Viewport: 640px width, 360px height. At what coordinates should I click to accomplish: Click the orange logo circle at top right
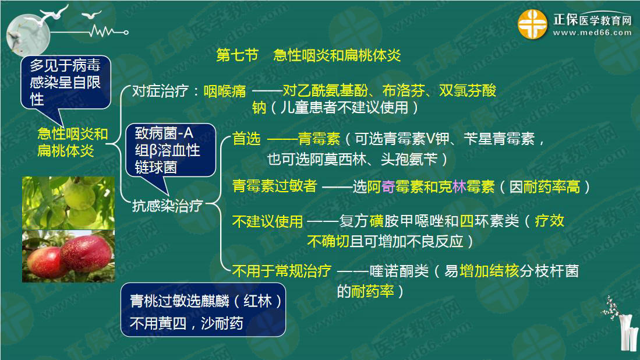(532, 24)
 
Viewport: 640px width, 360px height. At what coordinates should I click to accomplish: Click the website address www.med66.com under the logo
(592, 33)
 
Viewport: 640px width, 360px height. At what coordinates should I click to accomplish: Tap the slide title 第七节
(237, 55)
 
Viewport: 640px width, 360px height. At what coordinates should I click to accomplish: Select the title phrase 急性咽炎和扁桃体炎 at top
(337, 55)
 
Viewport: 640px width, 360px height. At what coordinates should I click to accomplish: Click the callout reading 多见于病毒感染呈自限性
(65, 83)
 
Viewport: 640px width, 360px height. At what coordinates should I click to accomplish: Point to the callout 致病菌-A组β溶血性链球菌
(171, 150)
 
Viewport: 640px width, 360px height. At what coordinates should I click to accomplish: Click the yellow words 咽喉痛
(225, 91)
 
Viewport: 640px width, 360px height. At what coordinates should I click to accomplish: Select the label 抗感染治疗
(167, 206)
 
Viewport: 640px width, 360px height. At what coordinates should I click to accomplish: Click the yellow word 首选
(246, 139)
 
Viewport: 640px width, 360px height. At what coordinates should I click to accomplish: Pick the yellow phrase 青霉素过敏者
(275, 186)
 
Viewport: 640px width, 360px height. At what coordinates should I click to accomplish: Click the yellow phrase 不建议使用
(268, 221)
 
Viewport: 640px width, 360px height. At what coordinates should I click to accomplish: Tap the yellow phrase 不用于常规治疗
(282, 271)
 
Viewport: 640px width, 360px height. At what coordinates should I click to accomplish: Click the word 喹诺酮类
(399, 271)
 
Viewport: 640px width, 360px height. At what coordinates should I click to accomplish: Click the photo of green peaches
(69, 203)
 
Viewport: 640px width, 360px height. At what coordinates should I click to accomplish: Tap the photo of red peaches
(69, 256)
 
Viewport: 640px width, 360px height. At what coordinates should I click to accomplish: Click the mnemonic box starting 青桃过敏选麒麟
(203, 310)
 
